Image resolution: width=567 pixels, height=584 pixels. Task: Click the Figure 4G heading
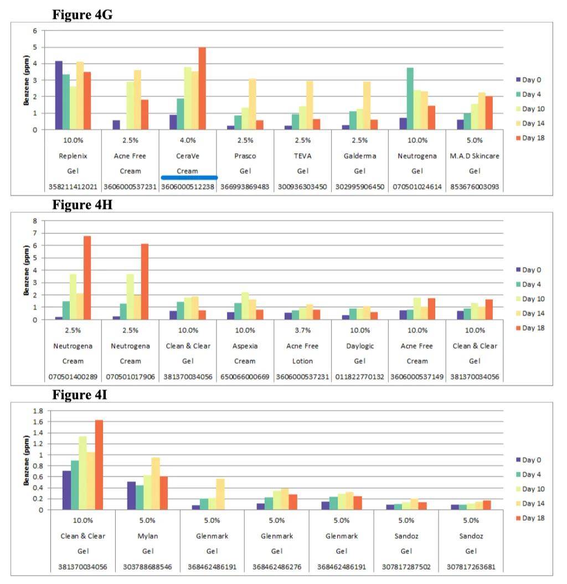pos(82,15)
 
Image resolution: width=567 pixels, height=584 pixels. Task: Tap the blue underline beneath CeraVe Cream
pos(189,177)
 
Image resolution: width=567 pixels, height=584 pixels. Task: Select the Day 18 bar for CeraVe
pos(202,89)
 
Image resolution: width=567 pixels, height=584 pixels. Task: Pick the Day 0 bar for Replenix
pos(59,95)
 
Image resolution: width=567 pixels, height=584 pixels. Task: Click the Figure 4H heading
pos(82,205)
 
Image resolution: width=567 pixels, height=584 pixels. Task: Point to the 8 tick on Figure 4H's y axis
pos(35,221)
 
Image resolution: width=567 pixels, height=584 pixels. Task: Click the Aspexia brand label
pos(245,346)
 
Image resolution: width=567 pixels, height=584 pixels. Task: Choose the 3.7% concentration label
pos(302,331)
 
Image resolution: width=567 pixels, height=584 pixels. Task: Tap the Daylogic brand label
pos(360,346)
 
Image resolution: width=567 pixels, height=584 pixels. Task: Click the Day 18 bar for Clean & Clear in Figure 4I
pos(99,465)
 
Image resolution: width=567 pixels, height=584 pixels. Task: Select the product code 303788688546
pos(147,567)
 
